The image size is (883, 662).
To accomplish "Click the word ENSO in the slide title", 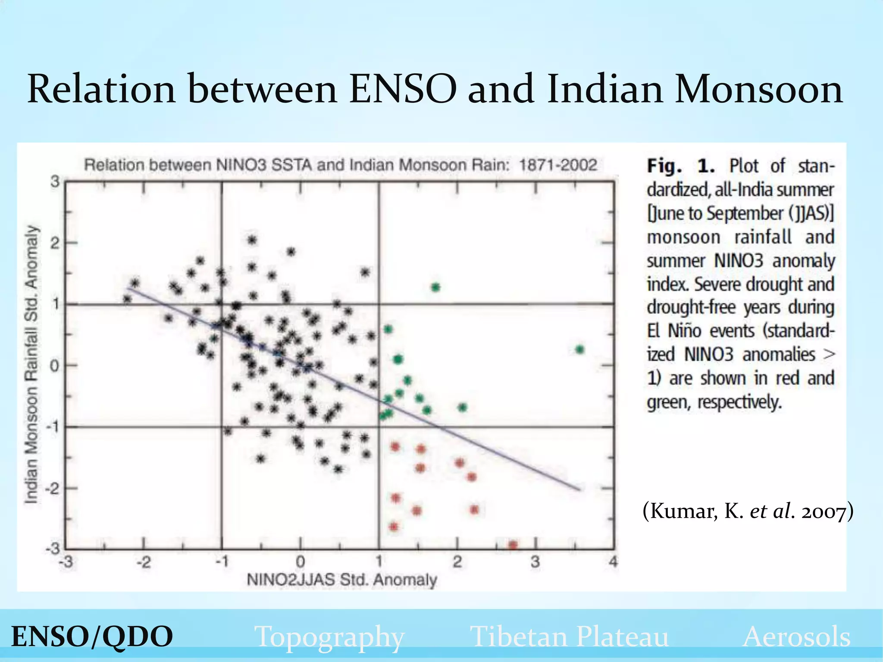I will tap(402, 89).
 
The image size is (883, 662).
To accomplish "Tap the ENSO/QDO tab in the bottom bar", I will tap(92, 637).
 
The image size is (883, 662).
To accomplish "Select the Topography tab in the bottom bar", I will tap(329, 637).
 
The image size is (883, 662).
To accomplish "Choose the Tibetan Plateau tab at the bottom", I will tap(569, 637).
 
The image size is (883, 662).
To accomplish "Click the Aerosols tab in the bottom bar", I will tap(796, 637).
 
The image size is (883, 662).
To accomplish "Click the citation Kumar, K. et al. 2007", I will tap(748, 512).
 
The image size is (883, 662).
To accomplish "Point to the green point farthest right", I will tap(579, 350).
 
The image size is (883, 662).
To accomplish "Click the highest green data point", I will tap(435, 287).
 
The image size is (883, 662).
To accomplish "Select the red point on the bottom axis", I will tap(513, 545).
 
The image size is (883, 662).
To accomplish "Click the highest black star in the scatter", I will tap(252, 240).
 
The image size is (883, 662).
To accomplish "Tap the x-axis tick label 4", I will tap(613, 562).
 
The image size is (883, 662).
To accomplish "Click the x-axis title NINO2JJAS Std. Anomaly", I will tap(341, 580).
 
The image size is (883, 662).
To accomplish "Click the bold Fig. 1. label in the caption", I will tap(681, 166).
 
